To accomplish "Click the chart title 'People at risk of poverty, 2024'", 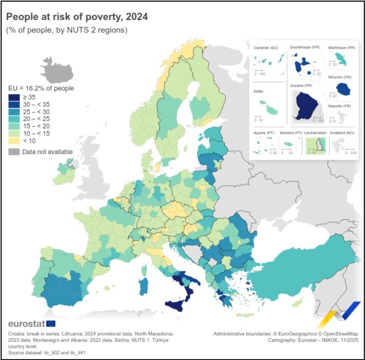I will (x=76, y=17).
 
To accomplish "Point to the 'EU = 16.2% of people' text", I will (x=41, y=88).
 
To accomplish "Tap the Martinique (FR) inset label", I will (x=341, y=48).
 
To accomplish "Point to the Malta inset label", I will (x=258, y=91).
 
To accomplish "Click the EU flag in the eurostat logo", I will (x=51, y=323).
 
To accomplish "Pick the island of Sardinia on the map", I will (x=144, y=286).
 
